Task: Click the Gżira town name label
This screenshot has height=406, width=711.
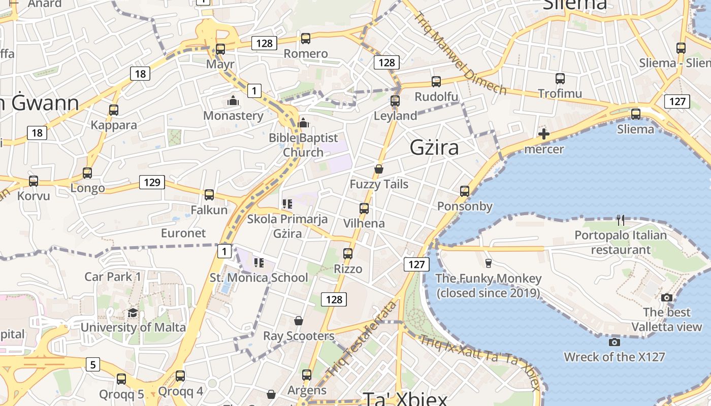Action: [434, 148]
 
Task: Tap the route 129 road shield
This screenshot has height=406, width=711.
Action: [152, 182]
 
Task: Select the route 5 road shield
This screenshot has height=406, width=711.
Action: [92, 364]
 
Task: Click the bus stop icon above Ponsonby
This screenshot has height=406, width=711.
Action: [465, 191]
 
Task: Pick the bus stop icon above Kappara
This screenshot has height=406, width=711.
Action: [114, 110]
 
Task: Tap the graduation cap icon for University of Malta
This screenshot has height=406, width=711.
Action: [133, 313]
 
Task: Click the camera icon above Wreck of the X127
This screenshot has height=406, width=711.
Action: [615, 342]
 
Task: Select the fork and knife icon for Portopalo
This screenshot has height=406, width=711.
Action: [620, 220]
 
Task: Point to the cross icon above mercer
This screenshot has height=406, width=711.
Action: [544, 134]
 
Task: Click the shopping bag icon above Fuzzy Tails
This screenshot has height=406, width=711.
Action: [378, 169]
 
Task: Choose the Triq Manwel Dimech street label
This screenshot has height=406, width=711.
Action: [460, 53]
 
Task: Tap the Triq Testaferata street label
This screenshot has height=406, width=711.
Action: [361, 339]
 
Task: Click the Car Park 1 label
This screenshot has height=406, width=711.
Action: [113, 277]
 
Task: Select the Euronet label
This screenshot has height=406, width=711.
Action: [183, 233]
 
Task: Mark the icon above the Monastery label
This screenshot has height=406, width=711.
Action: [233, 100]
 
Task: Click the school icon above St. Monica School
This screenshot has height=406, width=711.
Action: [259, 263]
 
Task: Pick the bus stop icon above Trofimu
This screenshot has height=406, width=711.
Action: [560, 79]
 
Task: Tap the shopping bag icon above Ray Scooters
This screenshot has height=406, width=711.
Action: [299, 321]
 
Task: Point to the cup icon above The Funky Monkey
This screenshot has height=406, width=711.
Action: [489, 263]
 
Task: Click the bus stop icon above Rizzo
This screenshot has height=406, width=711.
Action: [348, 253]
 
